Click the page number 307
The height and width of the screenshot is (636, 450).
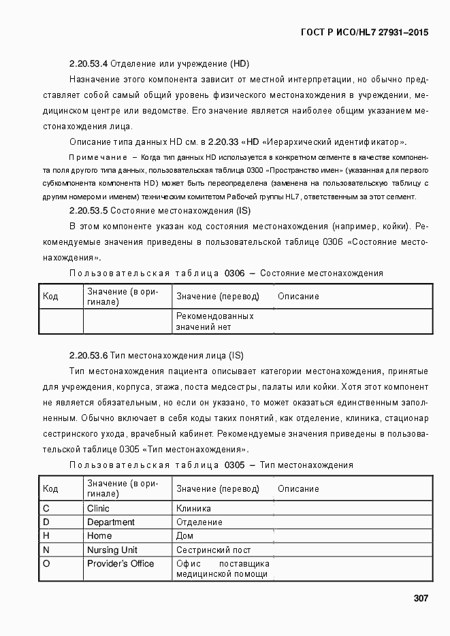click(420, 599)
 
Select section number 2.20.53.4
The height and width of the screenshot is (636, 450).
click(89, 64)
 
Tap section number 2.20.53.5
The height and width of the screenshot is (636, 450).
click(89, 211)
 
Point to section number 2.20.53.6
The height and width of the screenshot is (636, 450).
click(89, 355)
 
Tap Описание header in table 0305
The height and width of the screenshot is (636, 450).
click(298, 488)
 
